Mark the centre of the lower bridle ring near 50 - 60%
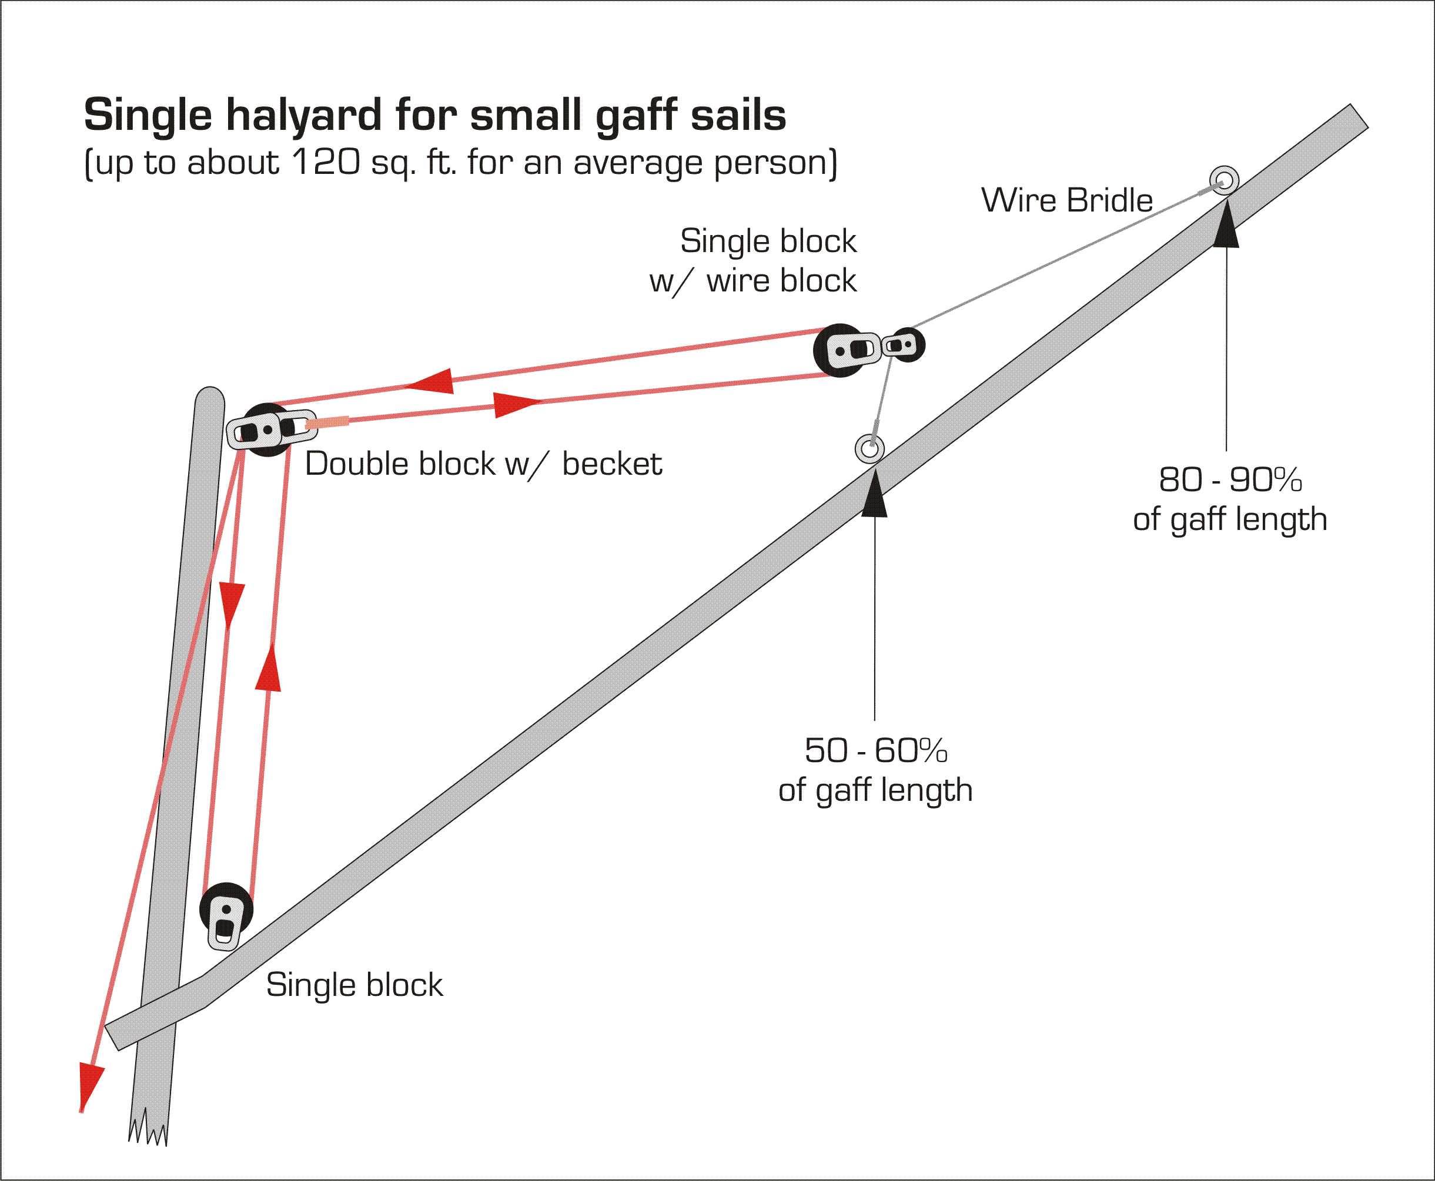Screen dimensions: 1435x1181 [x=869, y=449]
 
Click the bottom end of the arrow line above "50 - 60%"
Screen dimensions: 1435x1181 [x=875, y=720]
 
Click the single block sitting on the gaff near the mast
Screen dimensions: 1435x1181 [x=226, y=914]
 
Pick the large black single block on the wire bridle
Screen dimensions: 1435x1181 [x=844, y=350]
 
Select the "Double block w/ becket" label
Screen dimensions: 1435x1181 [x=483, y=464]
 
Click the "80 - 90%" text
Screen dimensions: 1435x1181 [x=1230, y=479]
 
